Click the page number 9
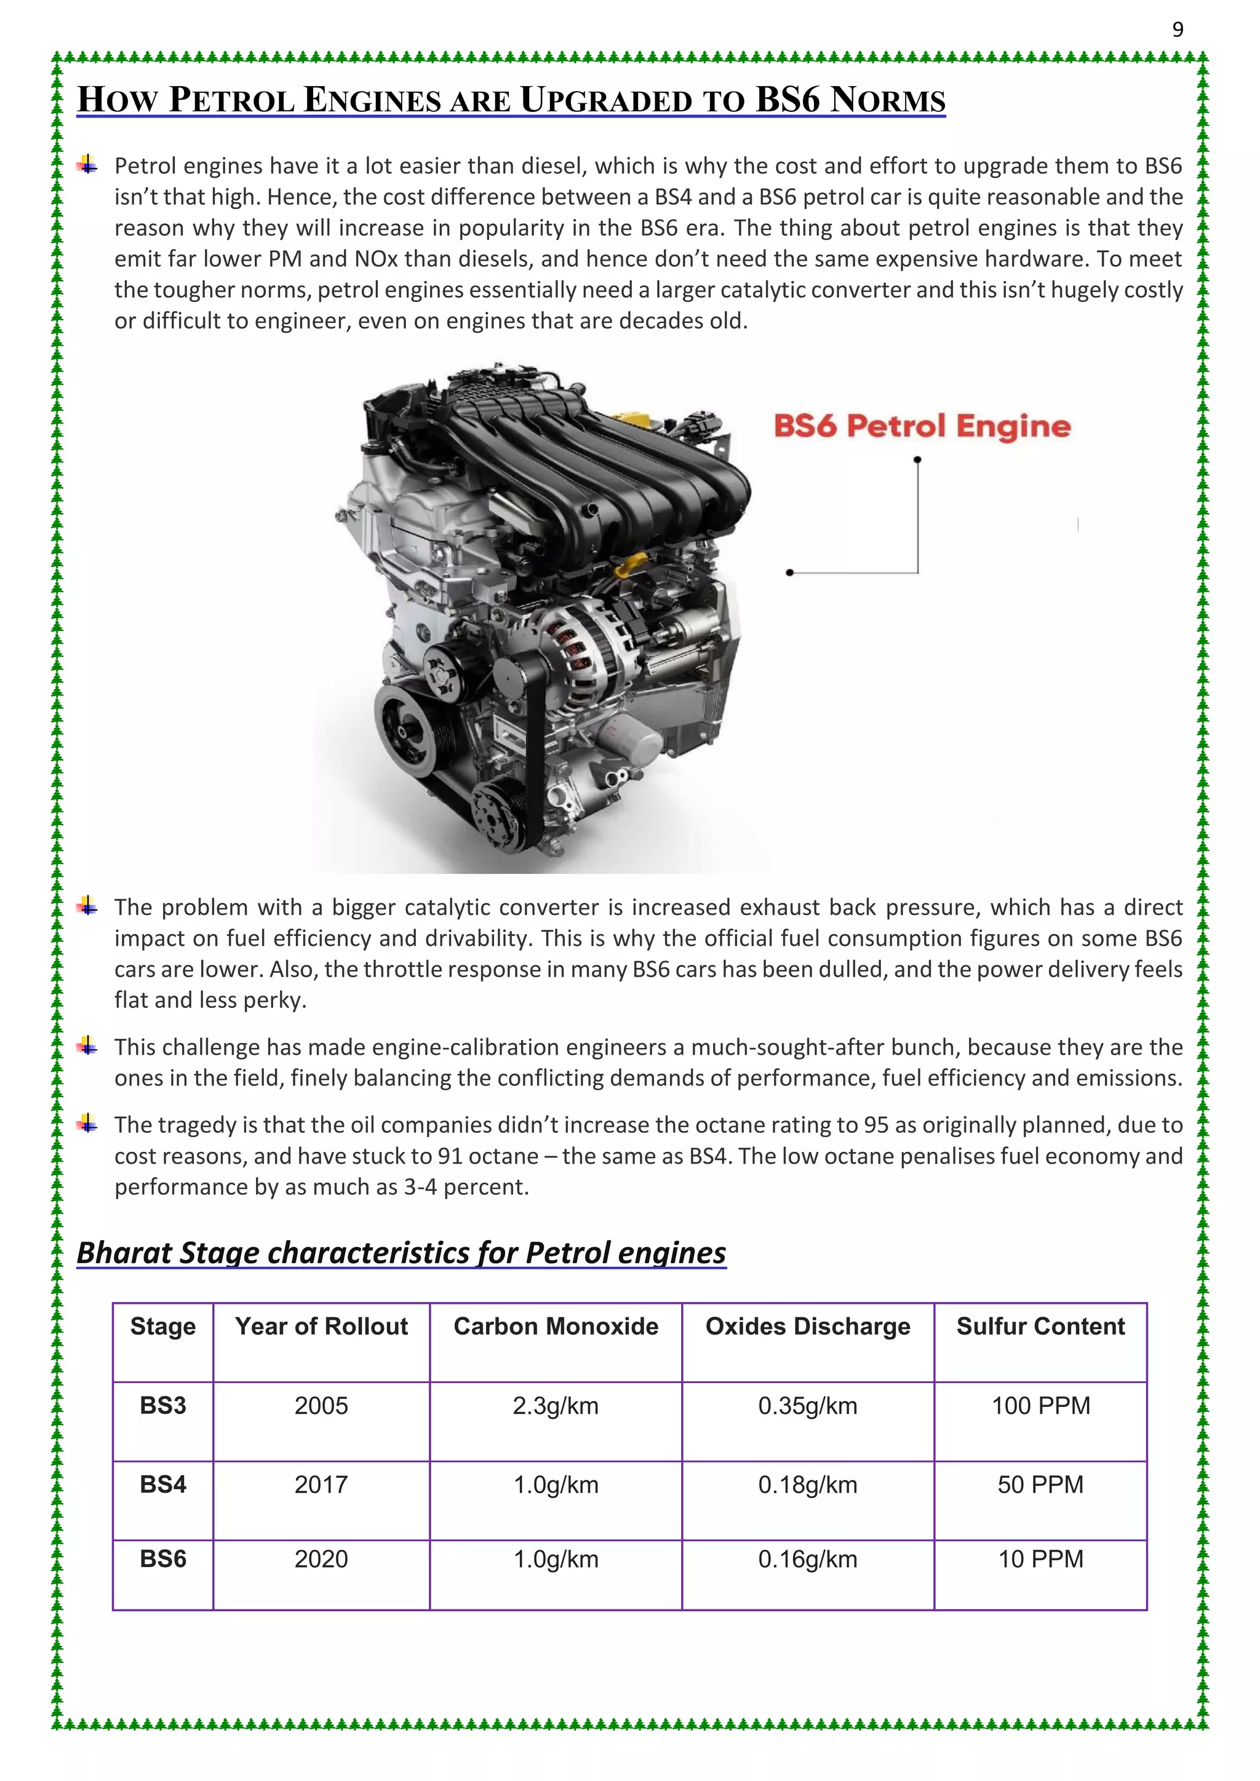(x=1177, y=30)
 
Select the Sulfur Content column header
(x=1040, y=1327)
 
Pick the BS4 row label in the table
(x=163, y=1485)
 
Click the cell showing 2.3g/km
(x=556, y=1406)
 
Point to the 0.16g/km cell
(x=808, y=1559)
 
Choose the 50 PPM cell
(x=1040, y=1485)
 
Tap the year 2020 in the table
(x=321, y=1559)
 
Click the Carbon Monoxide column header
(x=556, y=1327)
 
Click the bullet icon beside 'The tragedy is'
(x=88, y=1123)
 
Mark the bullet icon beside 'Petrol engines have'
(x=88, y=164)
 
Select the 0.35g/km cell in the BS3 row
(x=808, y=1406)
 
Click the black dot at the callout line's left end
(x=790, y=573)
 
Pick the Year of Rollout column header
(x=321, y=1327)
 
